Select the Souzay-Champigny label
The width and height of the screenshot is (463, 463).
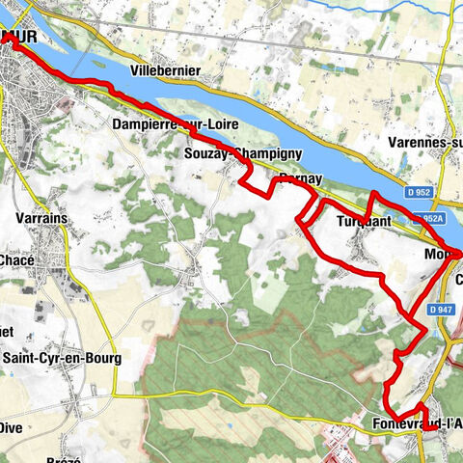(243, 153)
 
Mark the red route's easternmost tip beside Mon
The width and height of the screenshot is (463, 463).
(460, 254)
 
